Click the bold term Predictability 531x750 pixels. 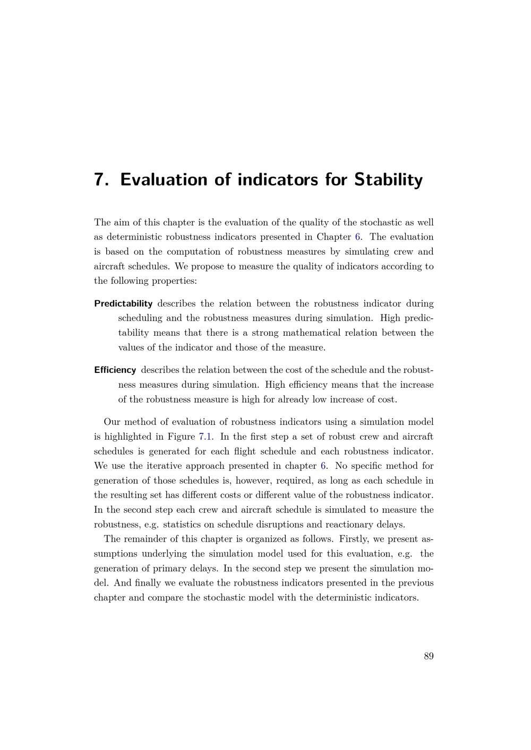tap(123, 304)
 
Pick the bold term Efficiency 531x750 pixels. tap(115, 370)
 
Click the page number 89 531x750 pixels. tap(429, 657)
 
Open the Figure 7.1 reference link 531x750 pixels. tap(205, 437)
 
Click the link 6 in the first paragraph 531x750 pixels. tap(357, 237)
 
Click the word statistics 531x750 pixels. tap(183, 525)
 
